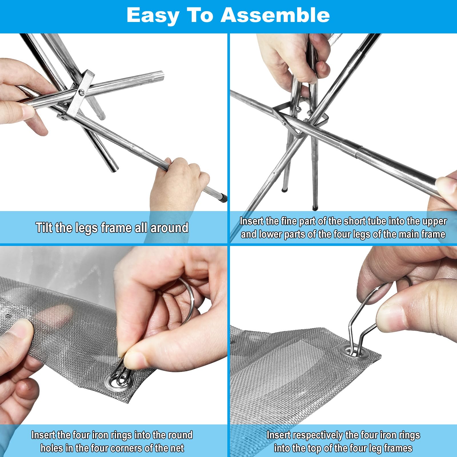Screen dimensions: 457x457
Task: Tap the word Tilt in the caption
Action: tap(44, 228)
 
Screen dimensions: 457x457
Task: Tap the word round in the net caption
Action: tap(180, 435)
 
